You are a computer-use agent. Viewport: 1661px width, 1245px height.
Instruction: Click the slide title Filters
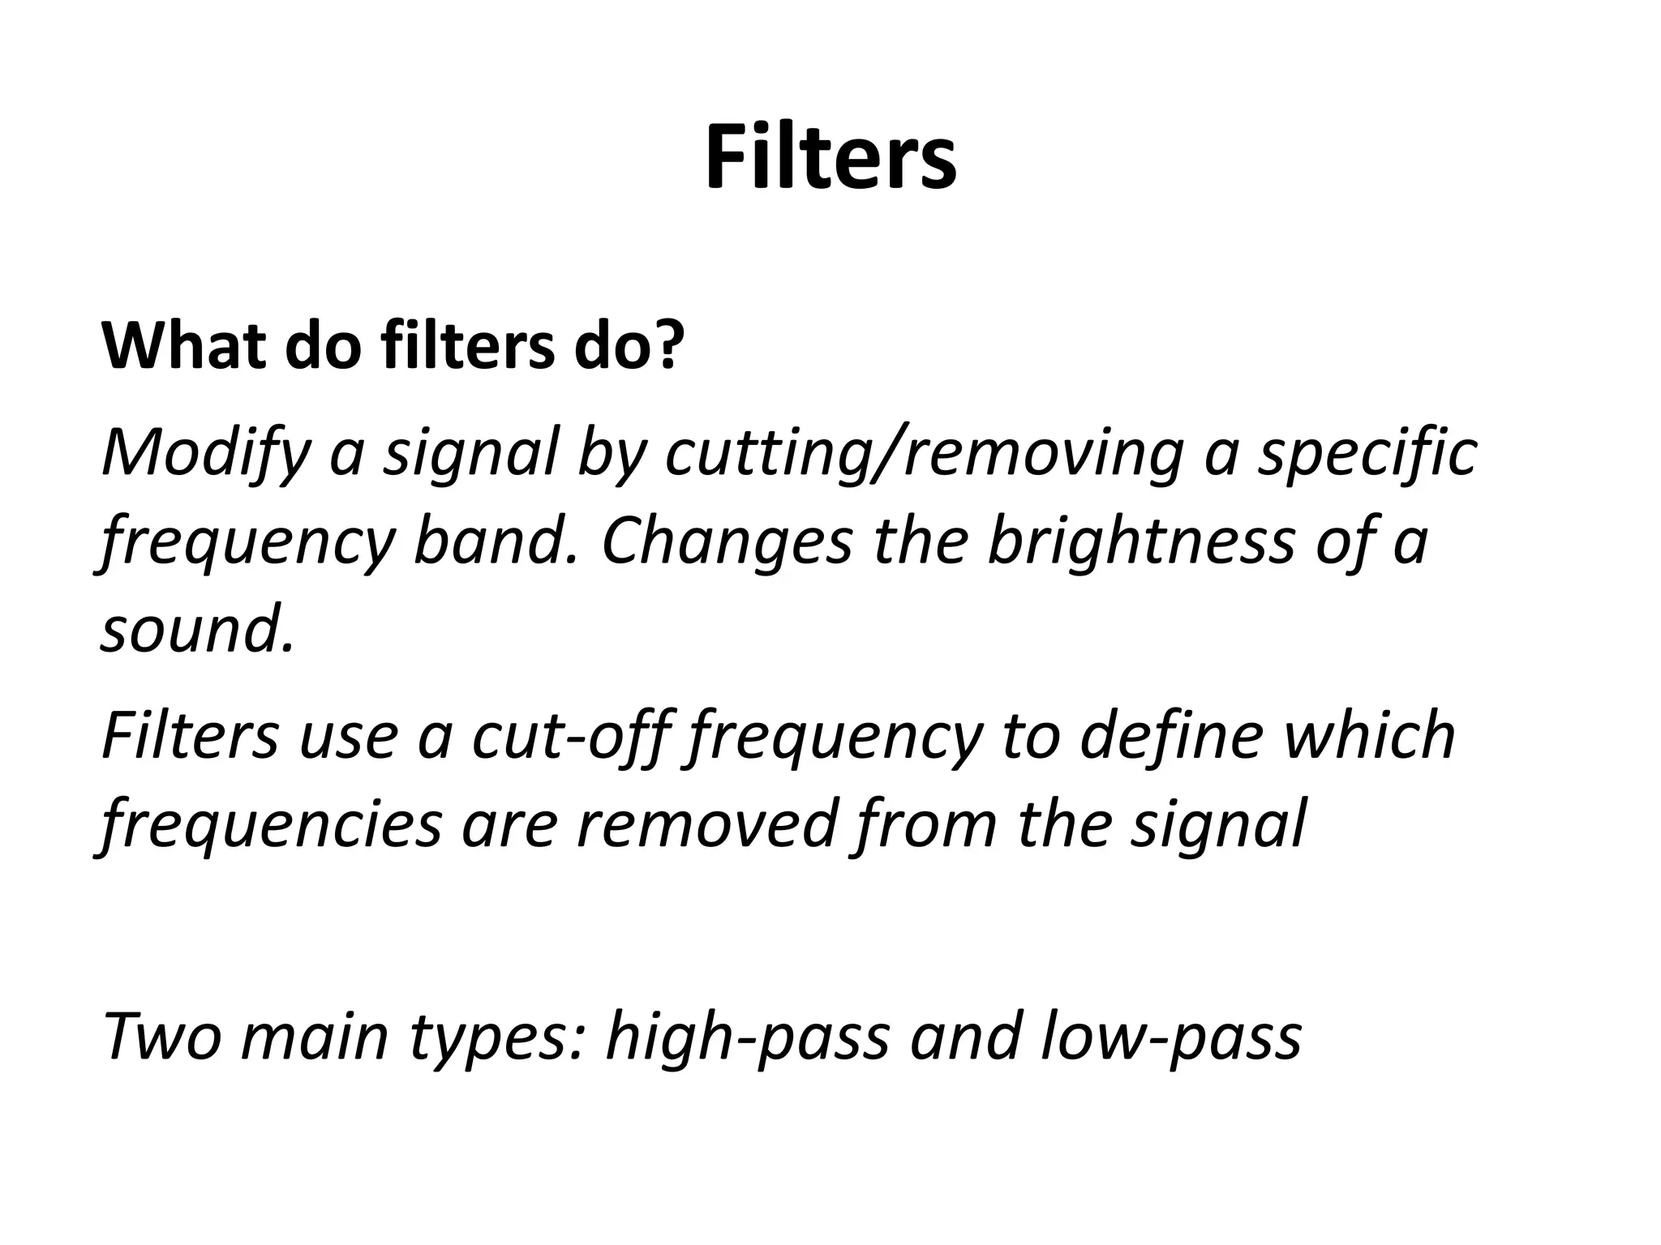click(830, 157)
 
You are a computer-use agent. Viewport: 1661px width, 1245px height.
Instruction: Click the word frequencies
click(273, 825)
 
